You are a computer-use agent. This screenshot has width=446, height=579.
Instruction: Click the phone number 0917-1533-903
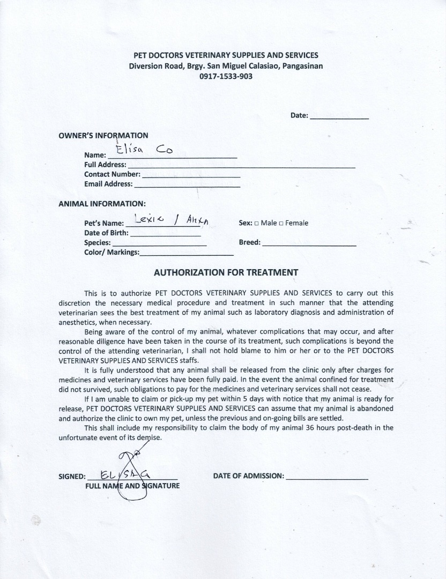click(226, 76)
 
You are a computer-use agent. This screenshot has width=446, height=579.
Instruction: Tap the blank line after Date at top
click(339, 116)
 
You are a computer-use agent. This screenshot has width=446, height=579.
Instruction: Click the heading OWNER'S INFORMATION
click(103, 135)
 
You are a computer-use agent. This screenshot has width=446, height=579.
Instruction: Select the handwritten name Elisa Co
click(145, 150)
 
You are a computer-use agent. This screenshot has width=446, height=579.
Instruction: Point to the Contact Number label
click(112, 174)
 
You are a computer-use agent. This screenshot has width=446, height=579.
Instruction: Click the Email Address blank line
click(187, 185)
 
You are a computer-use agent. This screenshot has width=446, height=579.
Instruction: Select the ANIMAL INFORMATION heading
click(102, 204)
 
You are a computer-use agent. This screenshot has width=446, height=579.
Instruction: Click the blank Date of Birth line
click(165, 235)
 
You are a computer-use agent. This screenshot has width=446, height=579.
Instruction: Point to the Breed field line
click(309, 244)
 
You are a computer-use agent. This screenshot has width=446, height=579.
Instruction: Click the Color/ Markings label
click(111, 252)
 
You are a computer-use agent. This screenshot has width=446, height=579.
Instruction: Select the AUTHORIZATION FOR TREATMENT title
click(226, 272)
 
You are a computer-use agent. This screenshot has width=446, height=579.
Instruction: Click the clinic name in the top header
click(226, 55)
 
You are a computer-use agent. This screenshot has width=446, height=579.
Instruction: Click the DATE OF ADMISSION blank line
click(327, 477)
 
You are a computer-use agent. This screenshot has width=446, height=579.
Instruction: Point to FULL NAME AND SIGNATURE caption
click(132, 486)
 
